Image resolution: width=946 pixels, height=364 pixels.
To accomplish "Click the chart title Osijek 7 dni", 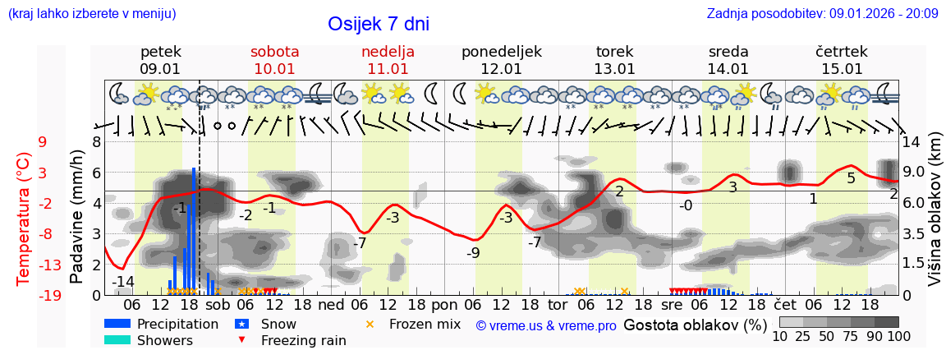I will (378, 25).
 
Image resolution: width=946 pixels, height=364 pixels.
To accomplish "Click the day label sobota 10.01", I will (274, 60).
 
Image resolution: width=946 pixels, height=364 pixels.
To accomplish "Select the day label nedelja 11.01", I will (388, 60).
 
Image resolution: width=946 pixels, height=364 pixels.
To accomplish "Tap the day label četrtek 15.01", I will (842, 60).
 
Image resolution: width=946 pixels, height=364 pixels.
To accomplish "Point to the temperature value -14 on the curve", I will (123, 282).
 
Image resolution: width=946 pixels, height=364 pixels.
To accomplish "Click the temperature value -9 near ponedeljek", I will (473, 253).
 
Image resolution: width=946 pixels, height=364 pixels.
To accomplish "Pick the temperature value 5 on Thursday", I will (851, 177).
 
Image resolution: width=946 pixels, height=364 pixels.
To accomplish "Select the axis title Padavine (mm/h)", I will (77, 217).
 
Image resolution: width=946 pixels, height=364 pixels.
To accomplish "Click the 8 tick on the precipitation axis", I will (96, 141).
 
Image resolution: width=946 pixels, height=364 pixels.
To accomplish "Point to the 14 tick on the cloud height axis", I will (912, 141).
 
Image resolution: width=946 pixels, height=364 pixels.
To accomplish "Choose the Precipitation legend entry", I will (177, 324).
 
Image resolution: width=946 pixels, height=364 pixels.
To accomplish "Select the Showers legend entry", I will (165, 340).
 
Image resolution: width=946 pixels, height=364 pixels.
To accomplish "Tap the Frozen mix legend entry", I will (425, 324).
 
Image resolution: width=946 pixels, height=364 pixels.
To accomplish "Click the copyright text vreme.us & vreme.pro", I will (546, 325).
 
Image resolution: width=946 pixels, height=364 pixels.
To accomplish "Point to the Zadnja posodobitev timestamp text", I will (822, 14).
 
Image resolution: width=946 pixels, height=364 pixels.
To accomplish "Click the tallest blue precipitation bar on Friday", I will (194, 230).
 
